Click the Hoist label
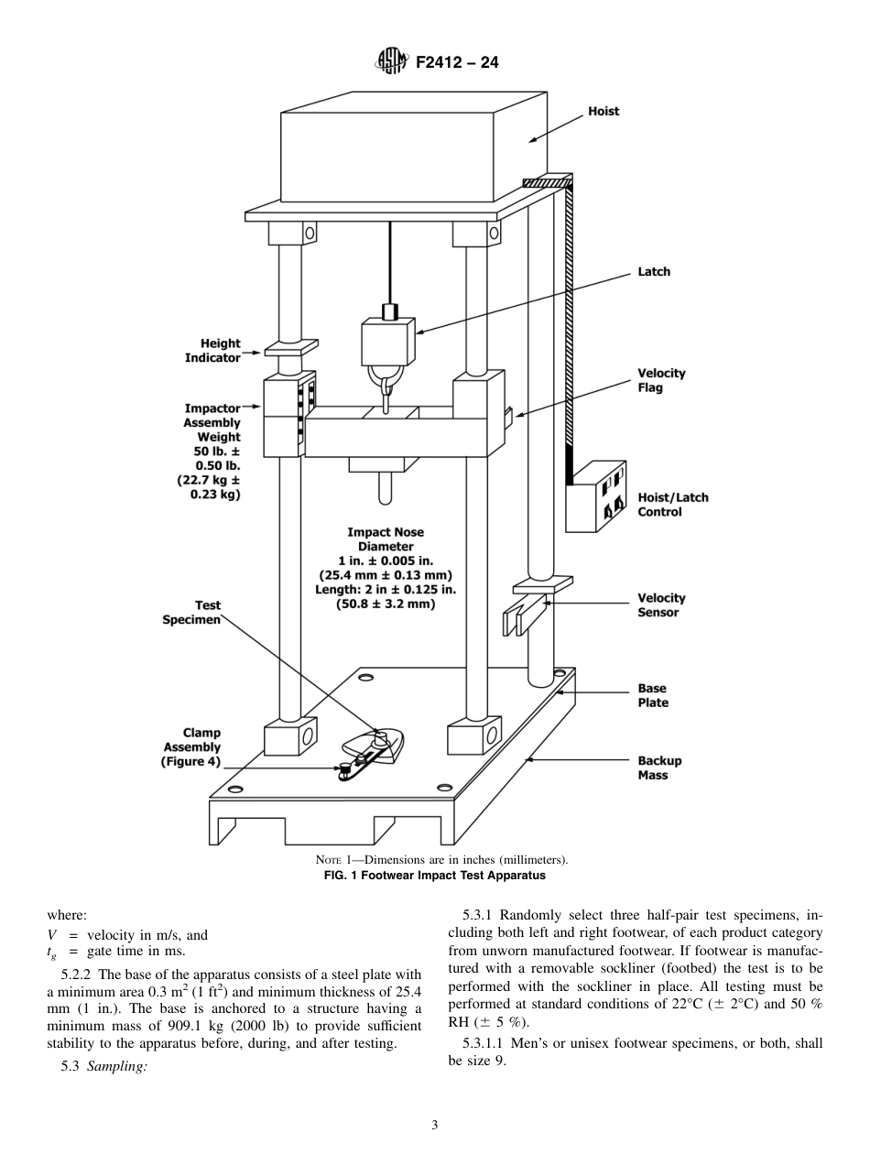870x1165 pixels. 604,112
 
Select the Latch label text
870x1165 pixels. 654,272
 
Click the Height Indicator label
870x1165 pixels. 212,351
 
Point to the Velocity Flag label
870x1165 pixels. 661,380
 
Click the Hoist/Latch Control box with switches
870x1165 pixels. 600,495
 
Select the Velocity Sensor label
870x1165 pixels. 661,605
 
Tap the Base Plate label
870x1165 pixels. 653,695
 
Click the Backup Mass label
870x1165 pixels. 659,768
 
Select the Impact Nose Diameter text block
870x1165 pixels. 386,568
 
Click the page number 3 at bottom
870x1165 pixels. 434,1125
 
